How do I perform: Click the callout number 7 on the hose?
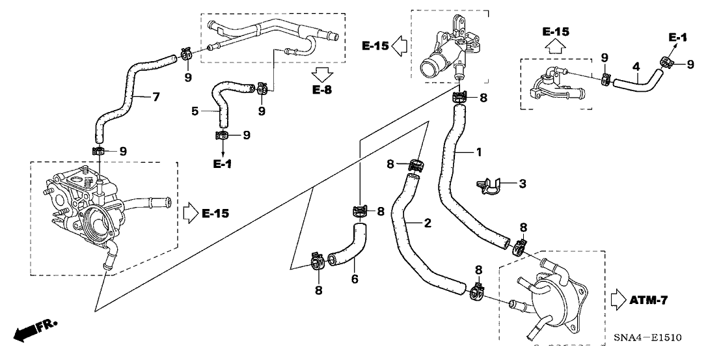pos(156,98)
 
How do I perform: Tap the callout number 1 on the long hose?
pos(478,152)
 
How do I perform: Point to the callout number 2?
pos(428,223)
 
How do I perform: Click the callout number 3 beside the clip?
pos(522,184)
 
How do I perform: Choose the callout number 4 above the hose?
pos(636,66)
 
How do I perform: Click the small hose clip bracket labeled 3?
pos(490,186)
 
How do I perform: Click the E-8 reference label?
pos(321,90)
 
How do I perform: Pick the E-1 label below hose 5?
pos(222,164)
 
